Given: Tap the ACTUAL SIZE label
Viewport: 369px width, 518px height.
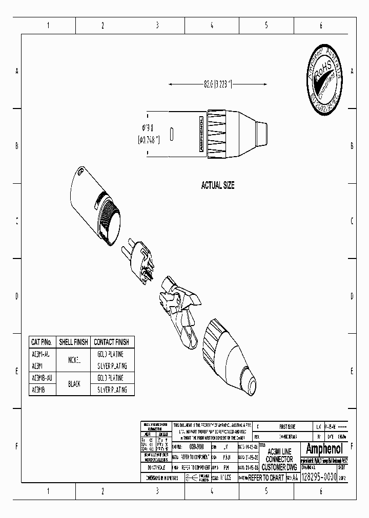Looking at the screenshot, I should click(218, 186).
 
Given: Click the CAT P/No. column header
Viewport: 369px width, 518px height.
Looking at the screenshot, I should click(42, 342).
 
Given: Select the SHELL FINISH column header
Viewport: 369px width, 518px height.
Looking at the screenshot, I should click(73, 342).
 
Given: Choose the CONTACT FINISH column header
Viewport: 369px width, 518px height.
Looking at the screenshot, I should click(111, 342).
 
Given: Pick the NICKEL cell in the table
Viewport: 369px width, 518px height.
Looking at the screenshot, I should click(74, 360).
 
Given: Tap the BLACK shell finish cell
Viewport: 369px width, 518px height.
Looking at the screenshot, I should click(74, 384).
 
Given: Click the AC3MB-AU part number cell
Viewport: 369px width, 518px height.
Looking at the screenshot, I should click(42, 378).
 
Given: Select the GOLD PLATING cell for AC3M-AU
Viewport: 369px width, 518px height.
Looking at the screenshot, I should click(111, 354).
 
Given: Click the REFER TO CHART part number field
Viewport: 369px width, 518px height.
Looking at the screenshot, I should click(265, 478).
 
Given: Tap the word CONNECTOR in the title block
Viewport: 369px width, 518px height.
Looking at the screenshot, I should click(279, 460).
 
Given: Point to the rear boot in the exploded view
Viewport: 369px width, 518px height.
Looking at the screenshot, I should click(231, 353).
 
